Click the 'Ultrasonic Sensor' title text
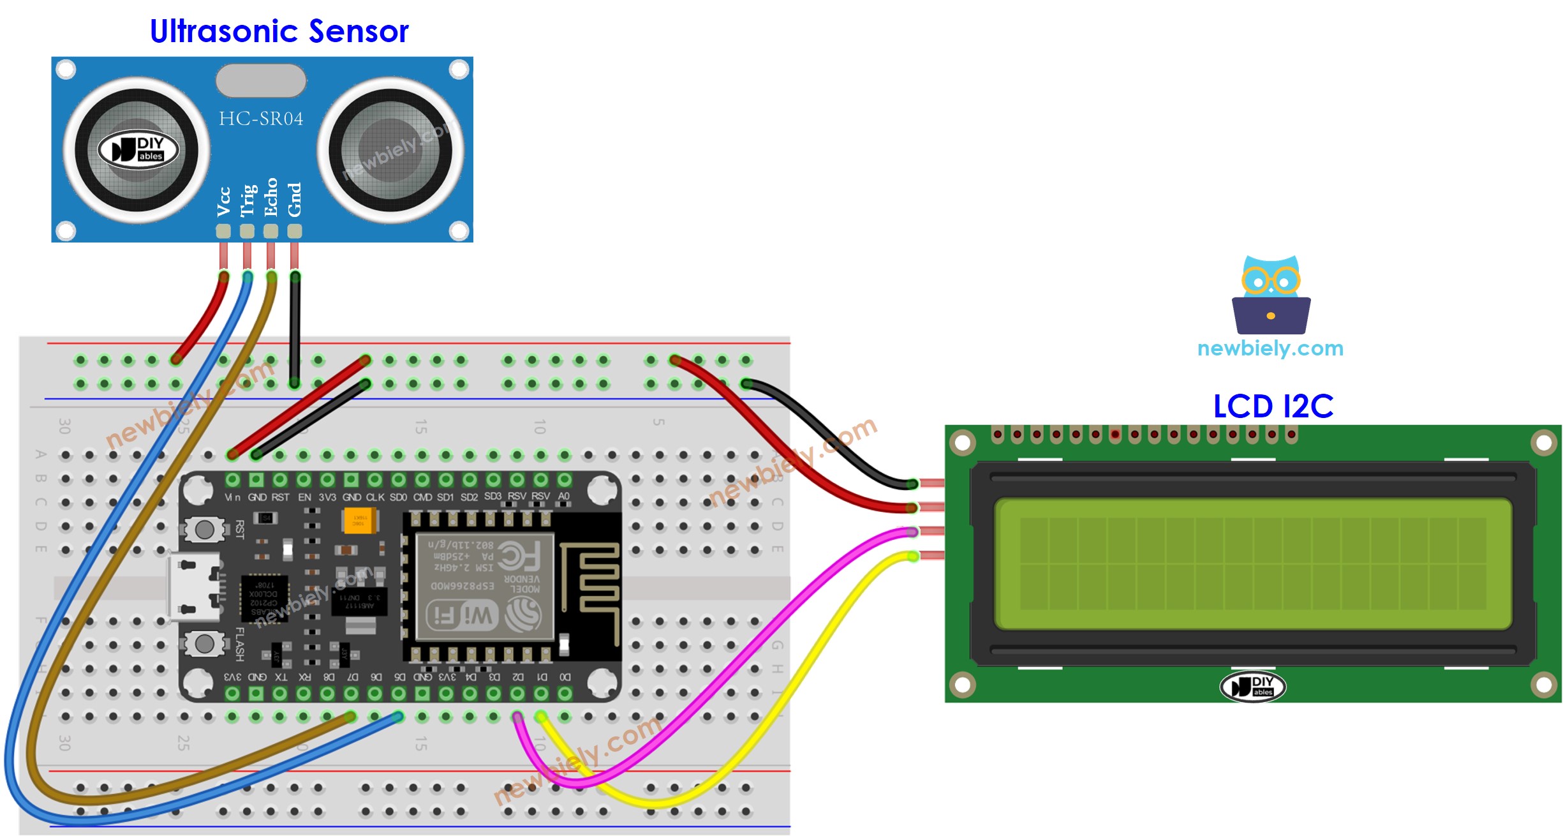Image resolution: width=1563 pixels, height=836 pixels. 279,31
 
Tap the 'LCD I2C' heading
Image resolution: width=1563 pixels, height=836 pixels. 1272,406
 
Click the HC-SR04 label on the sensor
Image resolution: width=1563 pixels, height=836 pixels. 261,119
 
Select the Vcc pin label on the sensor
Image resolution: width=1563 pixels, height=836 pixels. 223,202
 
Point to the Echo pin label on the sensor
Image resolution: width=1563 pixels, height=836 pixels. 271,197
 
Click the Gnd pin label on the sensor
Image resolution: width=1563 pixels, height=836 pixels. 294,200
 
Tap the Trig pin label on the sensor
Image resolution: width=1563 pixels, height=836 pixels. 248,200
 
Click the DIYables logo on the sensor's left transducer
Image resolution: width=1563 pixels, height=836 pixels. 138,150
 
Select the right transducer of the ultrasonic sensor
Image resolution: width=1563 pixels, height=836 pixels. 390,151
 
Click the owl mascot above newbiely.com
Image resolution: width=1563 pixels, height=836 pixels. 1271,295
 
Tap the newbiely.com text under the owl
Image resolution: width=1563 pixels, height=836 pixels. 1270,348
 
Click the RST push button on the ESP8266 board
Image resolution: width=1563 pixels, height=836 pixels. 204,529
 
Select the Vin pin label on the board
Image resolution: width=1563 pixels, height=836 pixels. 232,497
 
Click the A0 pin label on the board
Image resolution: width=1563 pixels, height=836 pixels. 564,496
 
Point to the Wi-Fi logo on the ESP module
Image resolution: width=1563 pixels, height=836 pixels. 461,616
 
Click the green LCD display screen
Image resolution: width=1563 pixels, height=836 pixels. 1252,564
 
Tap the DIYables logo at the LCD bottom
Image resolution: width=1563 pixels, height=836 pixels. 1252,687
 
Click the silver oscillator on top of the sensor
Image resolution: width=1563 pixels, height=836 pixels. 261,80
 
